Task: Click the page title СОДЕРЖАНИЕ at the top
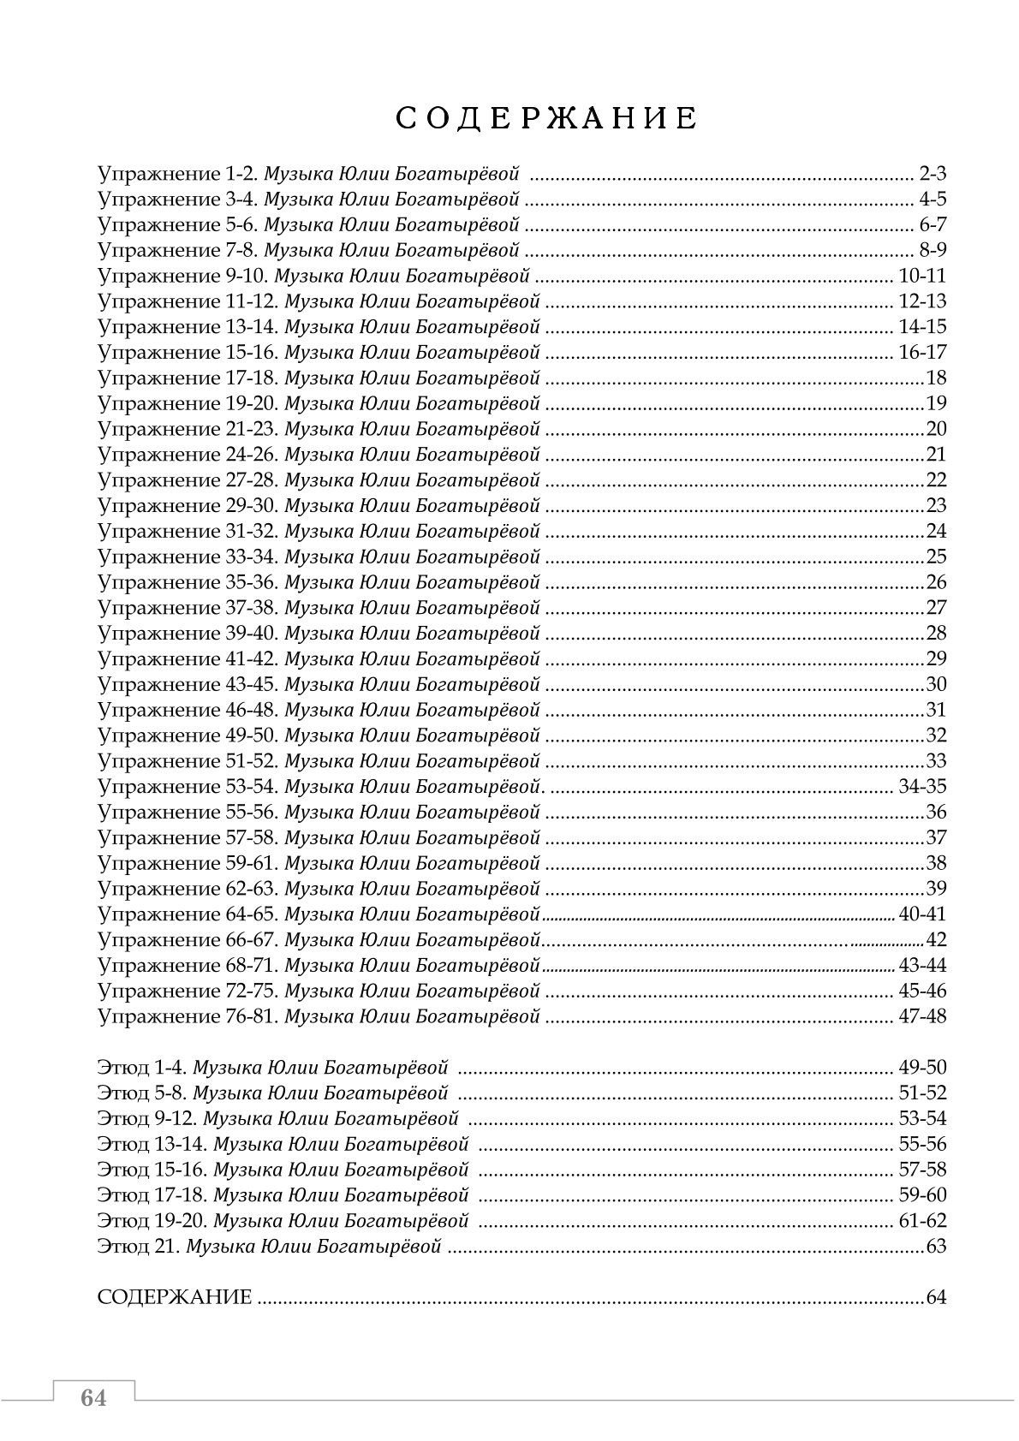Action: point(546,119)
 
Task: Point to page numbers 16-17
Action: point(922,353)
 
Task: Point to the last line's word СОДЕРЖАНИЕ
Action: point(175,1297)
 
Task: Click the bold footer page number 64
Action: point(93,1398)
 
